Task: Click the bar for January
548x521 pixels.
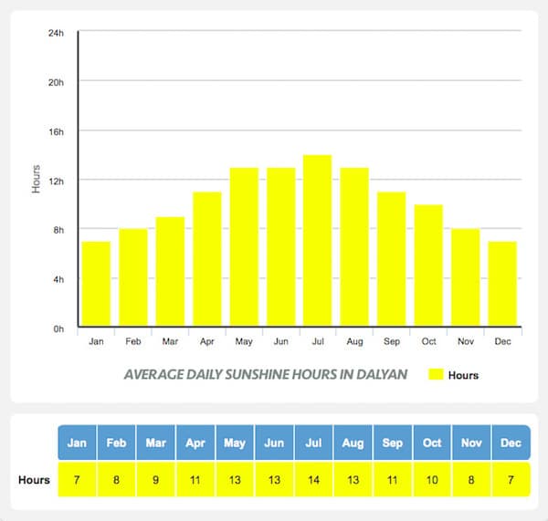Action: click(x=96, y=283)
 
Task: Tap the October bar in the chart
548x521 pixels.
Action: click(x=427, y=265)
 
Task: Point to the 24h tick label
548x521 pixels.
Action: click(x=57, y=33)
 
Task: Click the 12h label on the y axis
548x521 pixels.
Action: click(x=57, y=181)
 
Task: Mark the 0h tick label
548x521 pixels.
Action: click(x=58, y=328)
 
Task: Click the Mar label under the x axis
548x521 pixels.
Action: click(x=170, y=342)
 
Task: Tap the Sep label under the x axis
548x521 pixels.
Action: click(x=391, y=342)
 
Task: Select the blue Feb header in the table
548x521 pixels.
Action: click(x=116, y=443)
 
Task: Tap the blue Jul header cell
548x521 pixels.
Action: click(x=313, y=443)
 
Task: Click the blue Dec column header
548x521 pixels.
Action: click(x=511, y=443)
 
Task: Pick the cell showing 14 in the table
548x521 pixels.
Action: click(x=313, y=480)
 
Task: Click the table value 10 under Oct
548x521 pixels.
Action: click(x=432, y=480)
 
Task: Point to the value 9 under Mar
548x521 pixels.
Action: click(x=155, y=480)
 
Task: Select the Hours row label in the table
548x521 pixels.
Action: click(x=34, y=480)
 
